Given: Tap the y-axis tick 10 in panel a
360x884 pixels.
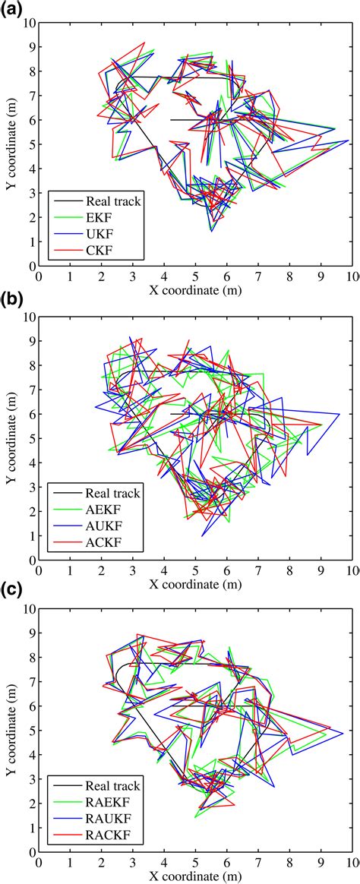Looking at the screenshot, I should tap(29, 23).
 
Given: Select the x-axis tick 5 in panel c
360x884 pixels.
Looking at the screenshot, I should tap(195, 863).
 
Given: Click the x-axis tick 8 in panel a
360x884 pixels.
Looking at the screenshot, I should tap(289, 276).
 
